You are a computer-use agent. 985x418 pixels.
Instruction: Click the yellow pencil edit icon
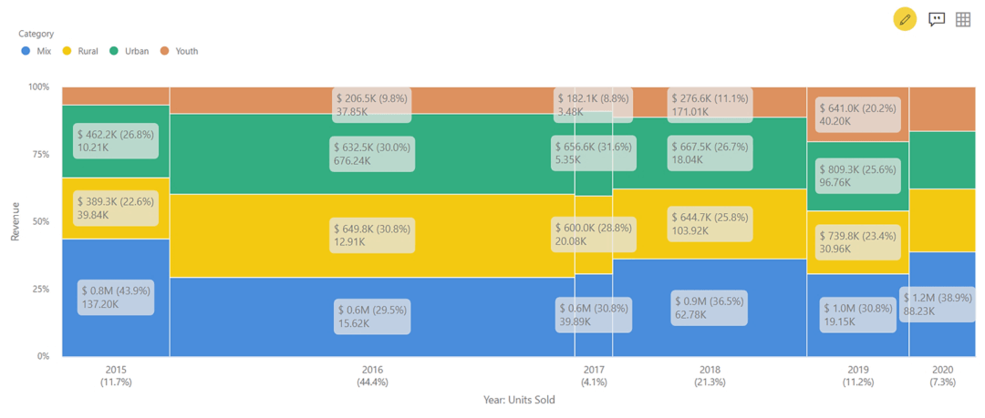[905, 19]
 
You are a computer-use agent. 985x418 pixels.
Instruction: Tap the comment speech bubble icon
[936, 19]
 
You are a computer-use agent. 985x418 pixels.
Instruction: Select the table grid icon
[963, 19]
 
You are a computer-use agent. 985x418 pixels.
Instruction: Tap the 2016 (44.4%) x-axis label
[372, 376]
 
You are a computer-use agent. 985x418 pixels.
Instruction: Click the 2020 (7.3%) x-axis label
[943, 376]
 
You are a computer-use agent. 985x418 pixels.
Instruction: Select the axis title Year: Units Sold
[519, 400]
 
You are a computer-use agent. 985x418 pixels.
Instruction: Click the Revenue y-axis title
[15, 221]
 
